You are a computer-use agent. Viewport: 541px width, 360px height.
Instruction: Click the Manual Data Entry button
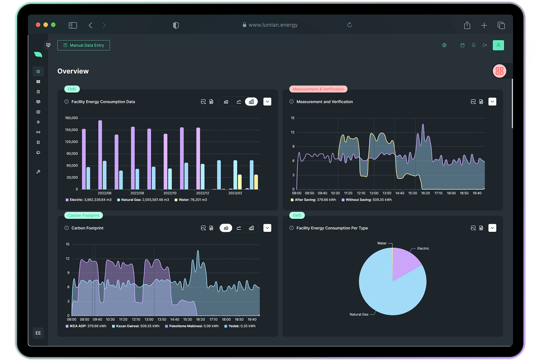(x=83, y=45)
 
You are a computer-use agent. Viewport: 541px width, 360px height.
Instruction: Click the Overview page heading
(x=73, y=71)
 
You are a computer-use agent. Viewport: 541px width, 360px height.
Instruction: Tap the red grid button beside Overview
(x=500, y=71)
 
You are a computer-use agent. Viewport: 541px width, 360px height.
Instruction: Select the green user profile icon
(x=498, y=45)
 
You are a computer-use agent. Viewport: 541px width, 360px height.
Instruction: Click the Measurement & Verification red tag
(x=318, y=89)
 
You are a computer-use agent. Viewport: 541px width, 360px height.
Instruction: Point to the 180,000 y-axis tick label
(x=72, y=118)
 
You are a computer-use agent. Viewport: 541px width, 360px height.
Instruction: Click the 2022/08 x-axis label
(x=137, y=193)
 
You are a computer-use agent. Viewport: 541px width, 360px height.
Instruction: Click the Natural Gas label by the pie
(x=359, y=314)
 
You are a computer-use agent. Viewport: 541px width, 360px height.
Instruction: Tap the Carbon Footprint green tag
(x=83, y=215)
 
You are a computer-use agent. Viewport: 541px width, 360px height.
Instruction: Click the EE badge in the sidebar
(x=38, y=333)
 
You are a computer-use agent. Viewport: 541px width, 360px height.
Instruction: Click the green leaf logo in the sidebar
(x=38, y=55)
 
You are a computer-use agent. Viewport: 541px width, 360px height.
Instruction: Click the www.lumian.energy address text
(x=273, y=25)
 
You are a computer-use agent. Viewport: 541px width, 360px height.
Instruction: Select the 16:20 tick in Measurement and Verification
(x=425, y=193)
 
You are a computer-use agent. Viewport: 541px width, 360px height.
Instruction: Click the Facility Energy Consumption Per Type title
(x=332, y=228)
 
